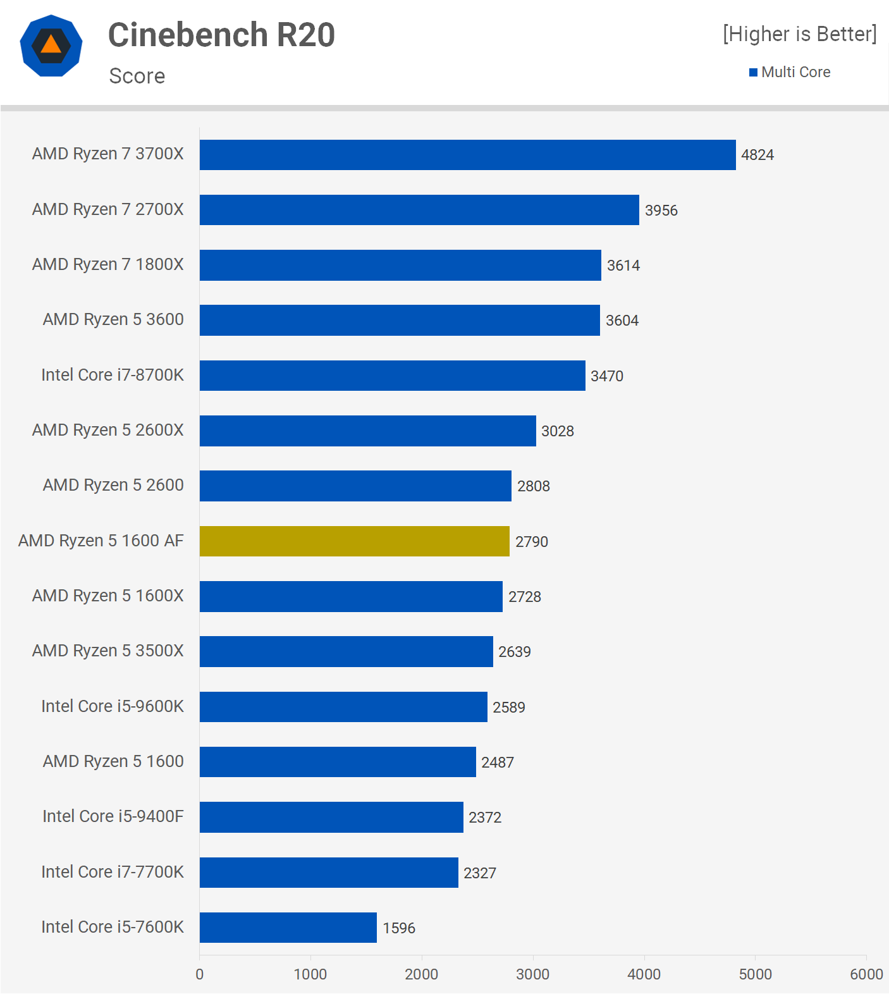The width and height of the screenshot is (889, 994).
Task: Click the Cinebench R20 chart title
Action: pyautogui.click(x=221, y=35)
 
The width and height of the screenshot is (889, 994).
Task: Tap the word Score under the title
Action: pyautogui.click(x=137, y=76)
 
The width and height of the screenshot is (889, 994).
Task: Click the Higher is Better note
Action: pyautogui.click(x=799, y=34)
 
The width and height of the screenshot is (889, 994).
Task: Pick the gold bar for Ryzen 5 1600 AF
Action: pyautogui.click(x=354, y=541)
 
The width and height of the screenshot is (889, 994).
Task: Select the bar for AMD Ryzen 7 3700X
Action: pyautogui.click(x=467, y=155)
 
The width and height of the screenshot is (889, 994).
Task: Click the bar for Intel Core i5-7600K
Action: pyautogui.click(x=288, y=928)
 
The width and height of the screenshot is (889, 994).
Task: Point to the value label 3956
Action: pyautogui.click(x=661, y=211)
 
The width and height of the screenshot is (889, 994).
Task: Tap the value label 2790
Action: pyautogui.click(x=531, y=542)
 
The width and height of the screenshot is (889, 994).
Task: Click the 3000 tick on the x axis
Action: pyautogui.click(x=532, y=974)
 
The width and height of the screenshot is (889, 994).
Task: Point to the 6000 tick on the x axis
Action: pyautogui.click(x=866, y=974)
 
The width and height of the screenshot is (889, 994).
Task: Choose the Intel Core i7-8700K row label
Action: pyautogui.click(x=113, y=375)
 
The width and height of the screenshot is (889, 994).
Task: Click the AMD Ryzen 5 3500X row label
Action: pyautogui.click(x=107, y=651)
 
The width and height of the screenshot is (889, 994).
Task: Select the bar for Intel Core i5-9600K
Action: pyautogui.click(x=343, y=707)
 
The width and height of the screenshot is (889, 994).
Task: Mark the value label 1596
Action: pyautogui.click(x=398, y=928)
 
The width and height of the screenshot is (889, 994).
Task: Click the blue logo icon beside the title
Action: pyautogui.click(x=51, y=46)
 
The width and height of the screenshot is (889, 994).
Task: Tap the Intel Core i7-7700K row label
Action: pyautogui.click(x=113, y=872)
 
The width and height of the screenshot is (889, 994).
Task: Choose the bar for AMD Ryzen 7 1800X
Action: pyautogui.click(x=400, y=265)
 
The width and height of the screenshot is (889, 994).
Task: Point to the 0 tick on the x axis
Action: pyautogui.click(x=200, y=974)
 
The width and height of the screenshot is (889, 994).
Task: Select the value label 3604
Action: pyautogui.click(x=622, y=321)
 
